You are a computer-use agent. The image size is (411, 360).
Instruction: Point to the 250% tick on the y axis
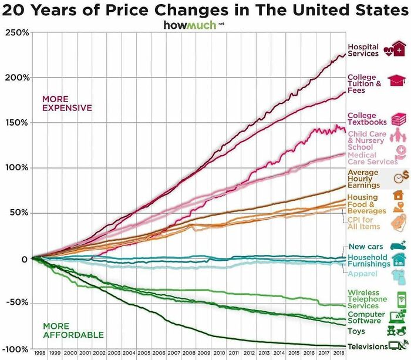[18, 33]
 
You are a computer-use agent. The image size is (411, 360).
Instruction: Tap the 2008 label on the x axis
[188, 354]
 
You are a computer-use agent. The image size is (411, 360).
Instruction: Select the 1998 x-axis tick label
[40, 354]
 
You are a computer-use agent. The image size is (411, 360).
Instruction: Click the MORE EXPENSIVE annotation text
[66, 103]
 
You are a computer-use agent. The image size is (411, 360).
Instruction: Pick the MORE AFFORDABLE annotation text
[65, 330]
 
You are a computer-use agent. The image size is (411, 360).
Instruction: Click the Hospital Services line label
[363, 51]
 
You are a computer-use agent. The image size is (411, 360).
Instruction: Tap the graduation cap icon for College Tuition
[397, 80]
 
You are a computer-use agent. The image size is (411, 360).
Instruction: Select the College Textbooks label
[367, 119]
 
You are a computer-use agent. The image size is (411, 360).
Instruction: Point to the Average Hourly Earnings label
[363, 179]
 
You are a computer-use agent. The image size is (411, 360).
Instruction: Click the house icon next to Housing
[398, 194]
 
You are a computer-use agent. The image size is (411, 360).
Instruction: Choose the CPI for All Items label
[363, 223]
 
